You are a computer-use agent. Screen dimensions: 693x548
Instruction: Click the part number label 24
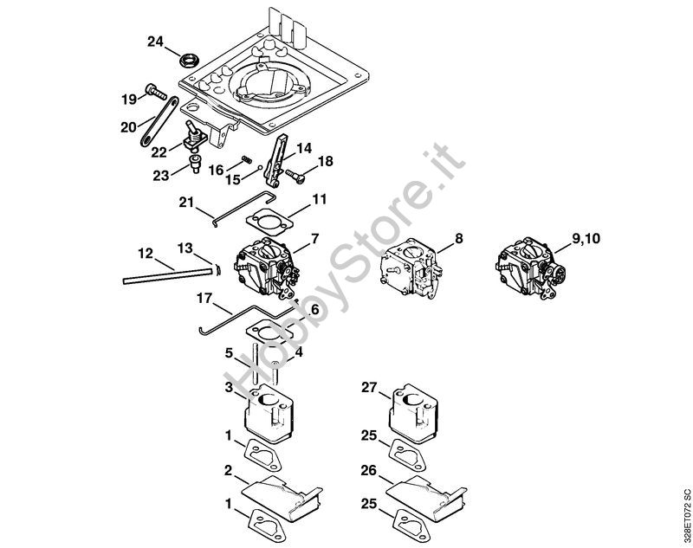tap(155, 41)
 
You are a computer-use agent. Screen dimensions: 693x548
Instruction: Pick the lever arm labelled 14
tap(278, 159)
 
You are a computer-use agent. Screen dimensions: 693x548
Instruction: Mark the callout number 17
tap(204, 300)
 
